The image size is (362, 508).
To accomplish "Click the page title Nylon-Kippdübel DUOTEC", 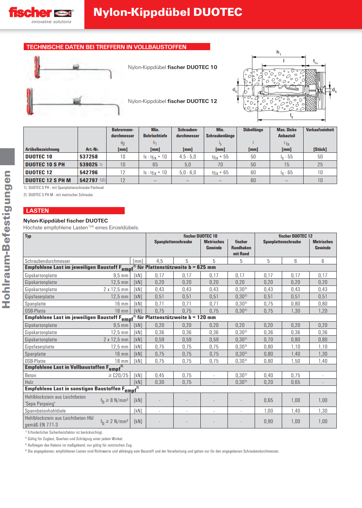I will pos(168,12).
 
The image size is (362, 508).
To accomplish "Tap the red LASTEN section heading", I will pos(37,211).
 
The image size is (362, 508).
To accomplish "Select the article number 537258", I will pos(89,157).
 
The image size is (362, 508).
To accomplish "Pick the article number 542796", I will pos(89,172).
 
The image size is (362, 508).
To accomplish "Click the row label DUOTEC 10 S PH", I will pos(45,164).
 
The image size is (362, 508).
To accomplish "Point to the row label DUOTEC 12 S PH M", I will pos(48,180).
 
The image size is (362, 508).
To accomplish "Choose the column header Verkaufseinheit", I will pos(320,130).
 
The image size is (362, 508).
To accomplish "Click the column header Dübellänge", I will pos(253,130).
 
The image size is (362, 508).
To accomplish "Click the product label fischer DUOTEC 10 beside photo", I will pos(173,67).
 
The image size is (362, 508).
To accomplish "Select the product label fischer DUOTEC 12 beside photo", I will pos(173,101).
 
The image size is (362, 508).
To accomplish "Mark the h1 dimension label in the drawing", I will pos(279,52).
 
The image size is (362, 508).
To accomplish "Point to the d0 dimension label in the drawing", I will pos(235,90).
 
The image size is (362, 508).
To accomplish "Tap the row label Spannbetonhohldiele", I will pos(45,411).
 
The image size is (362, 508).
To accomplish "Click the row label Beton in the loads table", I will pos(31,375).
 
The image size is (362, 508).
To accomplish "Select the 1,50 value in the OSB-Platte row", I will pos(295,361).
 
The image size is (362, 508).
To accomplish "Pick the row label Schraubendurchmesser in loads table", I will pos(47,261).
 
